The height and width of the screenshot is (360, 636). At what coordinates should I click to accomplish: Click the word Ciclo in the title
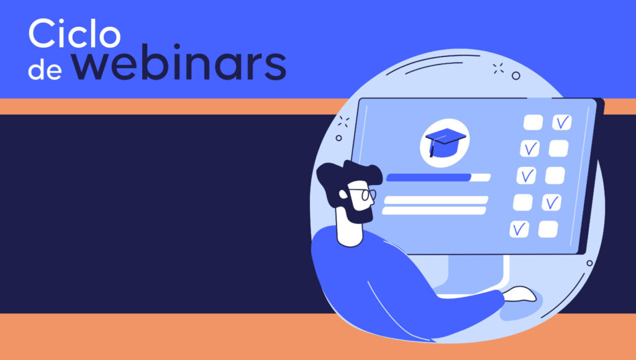[75, 34]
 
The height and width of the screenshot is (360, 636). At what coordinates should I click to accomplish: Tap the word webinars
[179, 63]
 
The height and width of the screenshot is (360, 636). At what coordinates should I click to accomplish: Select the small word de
[45, 69]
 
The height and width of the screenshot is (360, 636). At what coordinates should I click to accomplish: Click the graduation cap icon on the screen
[445, 142]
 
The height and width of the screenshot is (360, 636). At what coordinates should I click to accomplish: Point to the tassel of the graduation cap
[432, 148]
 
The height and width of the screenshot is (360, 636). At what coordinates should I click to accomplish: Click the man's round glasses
[365, 194]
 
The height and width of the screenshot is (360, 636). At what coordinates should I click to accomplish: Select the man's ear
[343, 194]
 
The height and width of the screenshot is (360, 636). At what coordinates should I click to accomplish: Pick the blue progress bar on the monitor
[429, 177]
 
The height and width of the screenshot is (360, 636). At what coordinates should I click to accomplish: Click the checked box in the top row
[561, 122]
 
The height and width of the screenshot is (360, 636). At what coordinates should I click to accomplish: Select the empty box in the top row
[533, 122]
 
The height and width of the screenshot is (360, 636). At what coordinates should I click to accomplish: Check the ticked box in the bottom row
[519, 229]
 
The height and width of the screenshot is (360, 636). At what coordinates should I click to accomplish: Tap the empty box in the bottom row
[548, 229]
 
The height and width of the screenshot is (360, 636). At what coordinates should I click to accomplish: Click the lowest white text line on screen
[434, 210]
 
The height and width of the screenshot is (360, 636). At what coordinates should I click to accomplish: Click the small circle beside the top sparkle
[516, 75]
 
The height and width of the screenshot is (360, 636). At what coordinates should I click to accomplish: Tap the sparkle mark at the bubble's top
[498, 68]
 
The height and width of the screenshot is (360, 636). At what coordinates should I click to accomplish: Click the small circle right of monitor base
[590, 263]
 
